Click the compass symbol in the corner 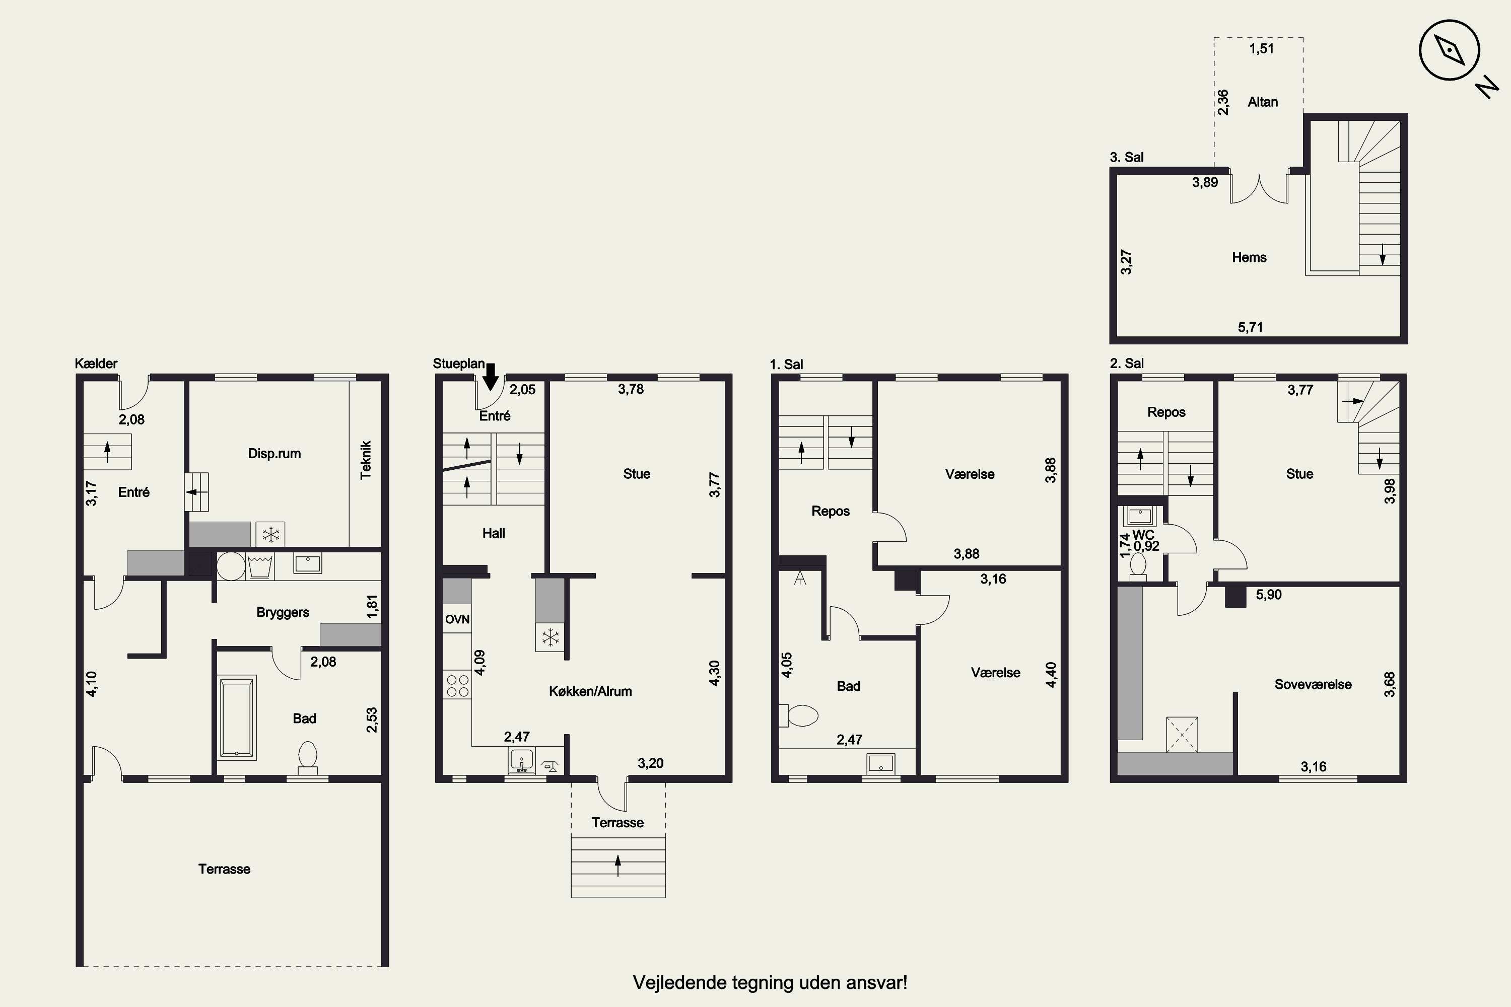tap(1450, 50)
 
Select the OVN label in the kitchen tap(457, 620)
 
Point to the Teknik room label tap(366, 460)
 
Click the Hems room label tap(1249, 257)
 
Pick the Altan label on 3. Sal tap(1262, 102)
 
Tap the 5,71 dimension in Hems tap(1250, 328)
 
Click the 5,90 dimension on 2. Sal tap(1269, 595)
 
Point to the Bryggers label tap(283, 613)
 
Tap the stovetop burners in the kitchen tap(457, 686)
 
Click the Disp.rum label tap(274, 454)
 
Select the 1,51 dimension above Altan tap(1261, 49)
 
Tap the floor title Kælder tap(96, 364)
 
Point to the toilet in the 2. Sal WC tap(1138, 566)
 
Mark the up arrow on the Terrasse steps tap(618, 866)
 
